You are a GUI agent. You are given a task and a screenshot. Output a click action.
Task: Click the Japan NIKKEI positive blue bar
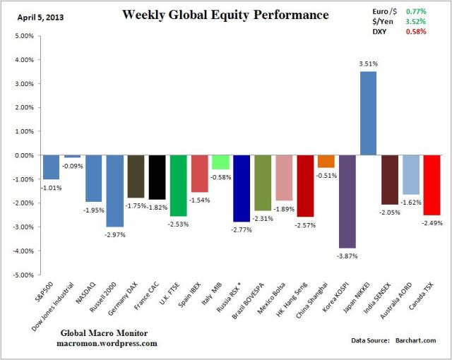point(368,113)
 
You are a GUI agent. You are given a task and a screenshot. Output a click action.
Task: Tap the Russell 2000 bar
point(114,191)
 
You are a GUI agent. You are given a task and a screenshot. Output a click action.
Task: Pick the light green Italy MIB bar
point(220,162)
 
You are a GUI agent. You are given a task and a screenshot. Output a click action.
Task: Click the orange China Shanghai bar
point(326,162)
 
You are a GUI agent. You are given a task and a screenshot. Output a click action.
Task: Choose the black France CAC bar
point(157,177)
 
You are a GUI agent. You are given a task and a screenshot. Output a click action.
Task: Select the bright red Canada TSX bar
point(432,185)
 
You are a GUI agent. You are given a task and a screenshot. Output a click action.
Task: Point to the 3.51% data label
point(368,64)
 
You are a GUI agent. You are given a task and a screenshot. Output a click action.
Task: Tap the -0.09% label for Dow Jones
point(73,166)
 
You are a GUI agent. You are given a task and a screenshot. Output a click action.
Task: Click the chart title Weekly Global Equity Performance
point(225,15)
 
